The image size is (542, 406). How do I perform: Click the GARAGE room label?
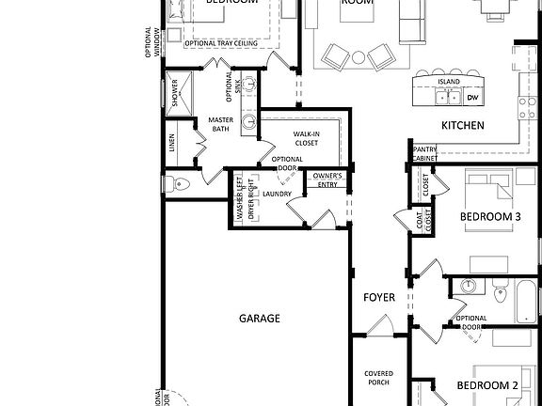(x=259, y=319)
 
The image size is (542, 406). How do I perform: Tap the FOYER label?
(x=379, y=298)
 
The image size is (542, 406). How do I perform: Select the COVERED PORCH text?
(x=378, y=379)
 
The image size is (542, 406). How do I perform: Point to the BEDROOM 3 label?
(x=489, y=217)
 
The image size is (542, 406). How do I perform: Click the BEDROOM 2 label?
(x=487, y=386)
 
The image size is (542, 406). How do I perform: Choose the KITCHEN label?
(x=463, y=125)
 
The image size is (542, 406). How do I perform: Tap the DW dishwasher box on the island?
(x=473, y=98)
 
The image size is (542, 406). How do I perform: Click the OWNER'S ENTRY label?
(x=327, y=180)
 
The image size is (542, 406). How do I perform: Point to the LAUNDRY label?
(x=277, y=195)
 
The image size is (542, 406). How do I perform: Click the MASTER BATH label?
(x=221, y=124)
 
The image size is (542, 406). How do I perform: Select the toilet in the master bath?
(x=176, y=182)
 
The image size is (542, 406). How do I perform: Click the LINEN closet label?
(x=172, y=143)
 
